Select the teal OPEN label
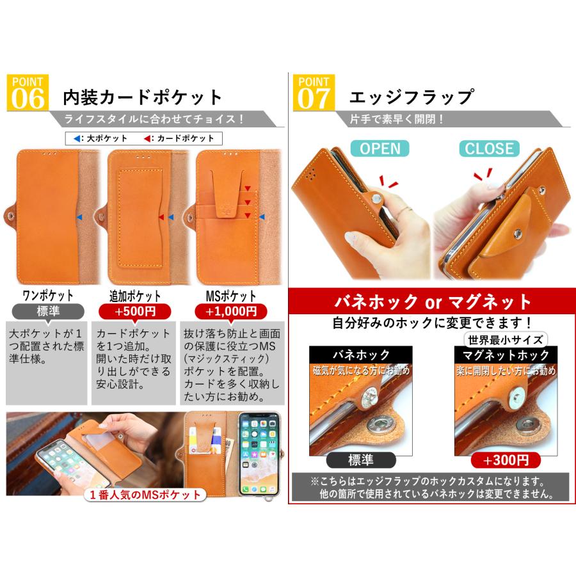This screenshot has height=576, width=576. [x=380, y=148]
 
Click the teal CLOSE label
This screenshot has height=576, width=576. [x=489, y=148]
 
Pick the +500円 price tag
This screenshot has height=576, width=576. [x=135, y=312]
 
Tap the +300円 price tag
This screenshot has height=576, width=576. [x=506, y=460]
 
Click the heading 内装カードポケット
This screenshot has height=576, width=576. [x=142, y=97]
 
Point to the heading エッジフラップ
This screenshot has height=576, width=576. [x=411, y=97]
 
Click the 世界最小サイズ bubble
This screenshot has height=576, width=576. [x=506, y=340]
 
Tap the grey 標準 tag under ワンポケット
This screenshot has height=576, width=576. [x=47, y=312]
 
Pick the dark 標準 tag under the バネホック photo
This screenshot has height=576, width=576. [x=360, y=460]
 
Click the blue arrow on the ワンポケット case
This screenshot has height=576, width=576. [x=79, y=218]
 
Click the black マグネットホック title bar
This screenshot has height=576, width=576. [x=506, y=355]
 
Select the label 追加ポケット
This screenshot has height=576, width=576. [x=135, y=296]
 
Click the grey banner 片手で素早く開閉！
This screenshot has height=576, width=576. [x=397, y=119]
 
